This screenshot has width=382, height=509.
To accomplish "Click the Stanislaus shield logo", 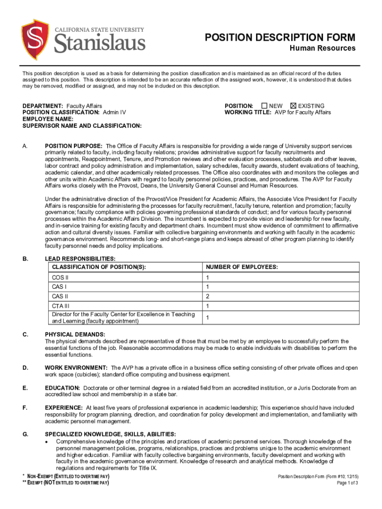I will point(35,39).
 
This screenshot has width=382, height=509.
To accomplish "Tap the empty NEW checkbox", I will point(264,106).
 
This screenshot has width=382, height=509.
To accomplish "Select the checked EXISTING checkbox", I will point(293,106).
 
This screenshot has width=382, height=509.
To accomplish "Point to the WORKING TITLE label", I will point(248,112).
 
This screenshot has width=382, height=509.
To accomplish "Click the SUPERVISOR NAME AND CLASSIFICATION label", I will point(82,126).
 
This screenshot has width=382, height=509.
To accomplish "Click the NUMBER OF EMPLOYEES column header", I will point(242,267).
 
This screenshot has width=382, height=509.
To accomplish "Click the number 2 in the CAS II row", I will point(208,296).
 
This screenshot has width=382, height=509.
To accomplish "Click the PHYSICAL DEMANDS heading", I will point(74,335).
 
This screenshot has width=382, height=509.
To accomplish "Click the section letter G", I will point(25,434).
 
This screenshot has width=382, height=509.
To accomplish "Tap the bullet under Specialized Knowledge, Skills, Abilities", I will point(47,441).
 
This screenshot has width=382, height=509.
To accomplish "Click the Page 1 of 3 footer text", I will point(347,483).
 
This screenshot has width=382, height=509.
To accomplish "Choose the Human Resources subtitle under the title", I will point(322,48).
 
